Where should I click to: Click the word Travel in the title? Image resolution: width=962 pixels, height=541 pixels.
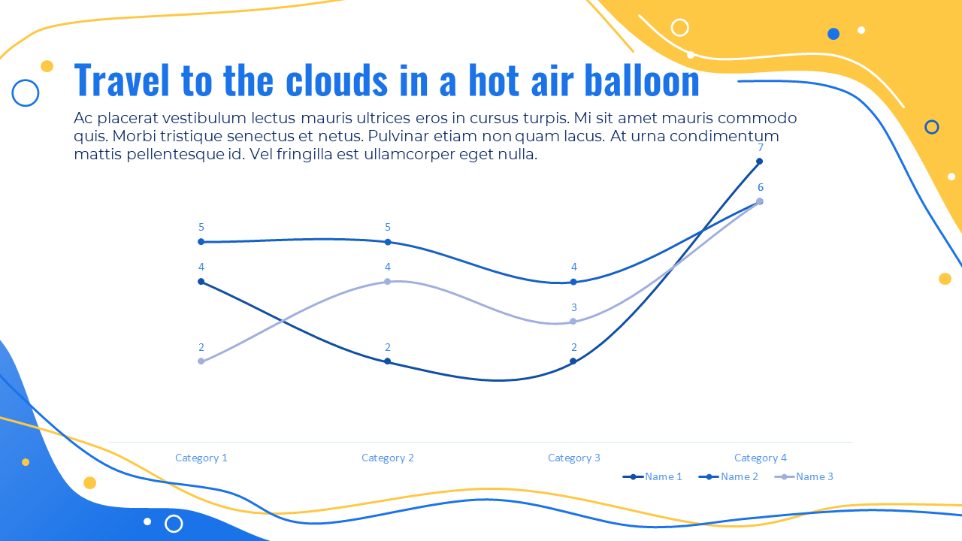point(122,80)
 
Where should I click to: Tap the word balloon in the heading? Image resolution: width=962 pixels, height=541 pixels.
point(642,80)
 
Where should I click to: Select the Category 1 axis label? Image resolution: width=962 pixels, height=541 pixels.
point(201,458)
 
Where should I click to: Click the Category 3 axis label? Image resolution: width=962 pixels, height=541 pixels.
point(573,458)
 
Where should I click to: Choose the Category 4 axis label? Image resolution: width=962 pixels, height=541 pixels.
point(760,458)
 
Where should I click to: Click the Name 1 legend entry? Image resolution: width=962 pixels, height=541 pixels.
point(652,476)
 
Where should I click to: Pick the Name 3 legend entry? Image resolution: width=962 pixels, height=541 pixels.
point(803,476)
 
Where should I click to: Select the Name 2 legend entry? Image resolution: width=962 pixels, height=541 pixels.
point(728,476)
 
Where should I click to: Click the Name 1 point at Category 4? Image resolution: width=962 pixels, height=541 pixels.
point(759,162)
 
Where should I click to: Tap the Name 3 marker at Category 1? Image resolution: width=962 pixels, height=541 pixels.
point(201,361)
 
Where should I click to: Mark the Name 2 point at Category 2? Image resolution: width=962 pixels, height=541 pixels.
point(387,242)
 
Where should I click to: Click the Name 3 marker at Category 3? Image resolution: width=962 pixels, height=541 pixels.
point(573,321)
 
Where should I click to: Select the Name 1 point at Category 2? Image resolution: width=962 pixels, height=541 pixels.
point(387,361)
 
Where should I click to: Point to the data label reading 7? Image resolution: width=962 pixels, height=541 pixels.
point(761,148)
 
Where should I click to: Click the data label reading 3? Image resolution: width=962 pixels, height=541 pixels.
point(573,307)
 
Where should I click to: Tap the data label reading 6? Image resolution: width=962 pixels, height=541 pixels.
point(761,187)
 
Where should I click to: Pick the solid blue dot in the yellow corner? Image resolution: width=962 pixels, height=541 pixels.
point(833,34)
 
